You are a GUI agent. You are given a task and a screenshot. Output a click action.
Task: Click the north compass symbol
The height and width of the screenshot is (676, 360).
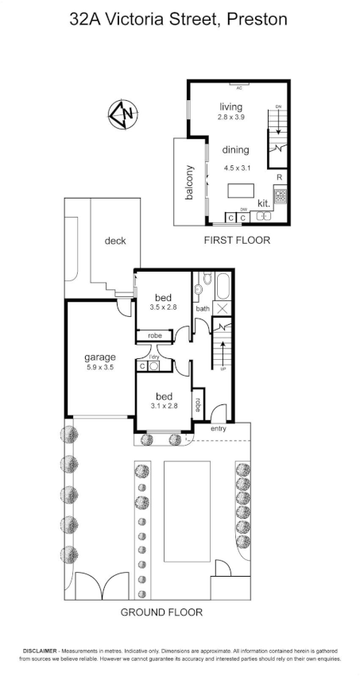(x=123, y=114)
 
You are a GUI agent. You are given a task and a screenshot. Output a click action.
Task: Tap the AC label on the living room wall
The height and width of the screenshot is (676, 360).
(x=238, y=87)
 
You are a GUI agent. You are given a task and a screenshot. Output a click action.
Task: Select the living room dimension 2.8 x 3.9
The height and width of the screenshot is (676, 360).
(x=230, y=118)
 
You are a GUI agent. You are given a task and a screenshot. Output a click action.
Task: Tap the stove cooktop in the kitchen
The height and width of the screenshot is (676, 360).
(x=280, y=195)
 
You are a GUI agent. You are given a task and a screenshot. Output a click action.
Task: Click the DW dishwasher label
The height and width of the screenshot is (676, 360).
(x=244, y=210)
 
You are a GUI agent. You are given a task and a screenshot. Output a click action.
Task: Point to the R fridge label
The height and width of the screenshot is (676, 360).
(x=279, y=178)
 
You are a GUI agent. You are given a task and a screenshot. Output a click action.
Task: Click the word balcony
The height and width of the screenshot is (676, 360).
(x=190, y=182)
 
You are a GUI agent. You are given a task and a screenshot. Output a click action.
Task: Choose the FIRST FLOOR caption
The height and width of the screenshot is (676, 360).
(x=237, y=240)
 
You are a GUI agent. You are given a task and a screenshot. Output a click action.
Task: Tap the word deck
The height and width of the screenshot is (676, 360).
(x=115, y=241)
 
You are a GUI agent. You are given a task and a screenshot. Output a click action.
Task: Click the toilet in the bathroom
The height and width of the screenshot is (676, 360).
(x=204, y=280)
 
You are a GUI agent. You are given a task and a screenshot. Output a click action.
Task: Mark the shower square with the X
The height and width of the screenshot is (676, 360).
(x=222, y=308)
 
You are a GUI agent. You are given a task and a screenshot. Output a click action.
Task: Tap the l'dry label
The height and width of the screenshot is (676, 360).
(x=153, y=357)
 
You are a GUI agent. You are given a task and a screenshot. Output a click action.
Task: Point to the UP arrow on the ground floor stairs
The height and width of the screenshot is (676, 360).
(x=223, y=350)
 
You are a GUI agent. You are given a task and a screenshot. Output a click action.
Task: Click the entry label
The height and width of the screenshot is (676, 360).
(x=219, y=430)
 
